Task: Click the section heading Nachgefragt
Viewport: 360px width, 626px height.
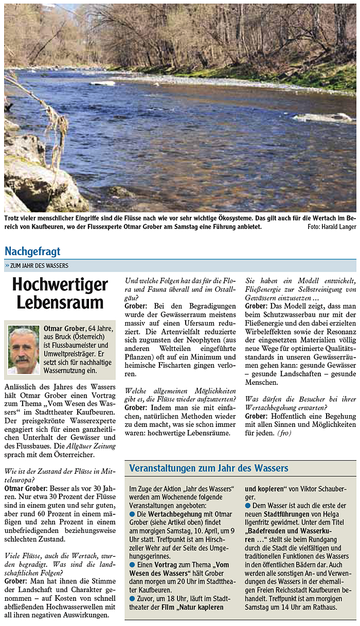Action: (32, 252)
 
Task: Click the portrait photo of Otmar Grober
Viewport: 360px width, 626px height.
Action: (24, 350)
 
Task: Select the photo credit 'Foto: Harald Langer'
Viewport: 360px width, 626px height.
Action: (332, 227)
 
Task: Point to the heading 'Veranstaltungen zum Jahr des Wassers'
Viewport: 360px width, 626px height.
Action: (209, 469)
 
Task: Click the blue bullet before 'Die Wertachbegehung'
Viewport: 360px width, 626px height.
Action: (132, 514)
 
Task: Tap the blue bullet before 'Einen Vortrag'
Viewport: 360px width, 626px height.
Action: (132, 565)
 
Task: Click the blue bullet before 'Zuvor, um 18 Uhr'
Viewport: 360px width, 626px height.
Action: (132, 598)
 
